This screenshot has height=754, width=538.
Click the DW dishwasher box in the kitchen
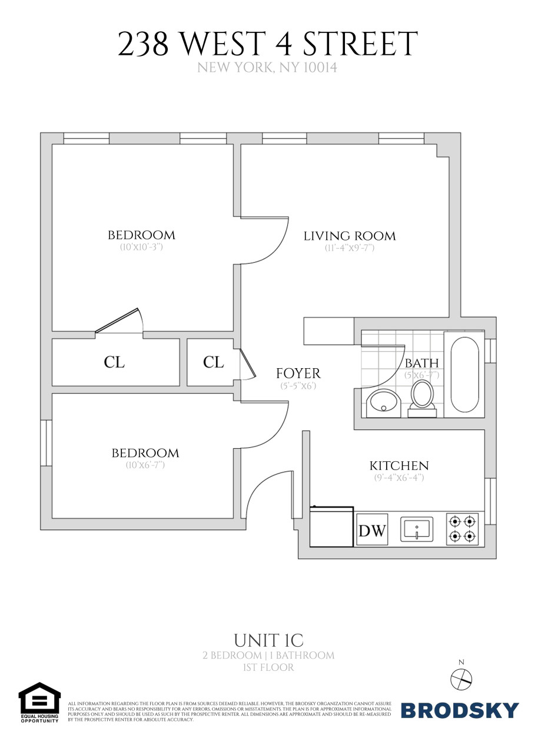point(372,530)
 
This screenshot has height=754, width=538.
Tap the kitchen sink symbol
point(417,529)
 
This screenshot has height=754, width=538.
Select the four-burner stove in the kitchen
point(461,528)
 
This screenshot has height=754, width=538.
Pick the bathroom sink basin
point(384,403)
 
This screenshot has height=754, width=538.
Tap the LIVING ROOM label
point(350,236)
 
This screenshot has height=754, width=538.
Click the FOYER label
point(298,373)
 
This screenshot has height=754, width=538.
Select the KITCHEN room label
point(398,465)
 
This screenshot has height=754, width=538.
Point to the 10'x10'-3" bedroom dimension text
point(141,247)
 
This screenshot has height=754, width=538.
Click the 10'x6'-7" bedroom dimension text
point(145,465)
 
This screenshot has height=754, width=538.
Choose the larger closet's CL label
point(115,362)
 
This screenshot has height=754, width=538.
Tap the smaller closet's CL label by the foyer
point(214,362)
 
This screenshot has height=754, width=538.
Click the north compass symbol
point(461,679)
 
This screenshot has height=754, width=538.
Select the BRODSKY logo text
point(460,710)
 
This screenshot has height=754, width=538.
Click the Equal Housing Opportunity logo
point(39,702)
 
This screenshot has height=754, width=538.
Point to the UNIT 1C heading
point(268,640)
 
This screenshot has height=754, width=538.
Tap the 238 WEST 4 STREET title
point(268,45)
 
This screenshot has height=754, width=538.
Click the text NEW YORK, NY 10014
point(267,68)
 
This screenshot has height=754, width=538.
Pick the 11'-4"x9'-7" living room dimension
point(350,248)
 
